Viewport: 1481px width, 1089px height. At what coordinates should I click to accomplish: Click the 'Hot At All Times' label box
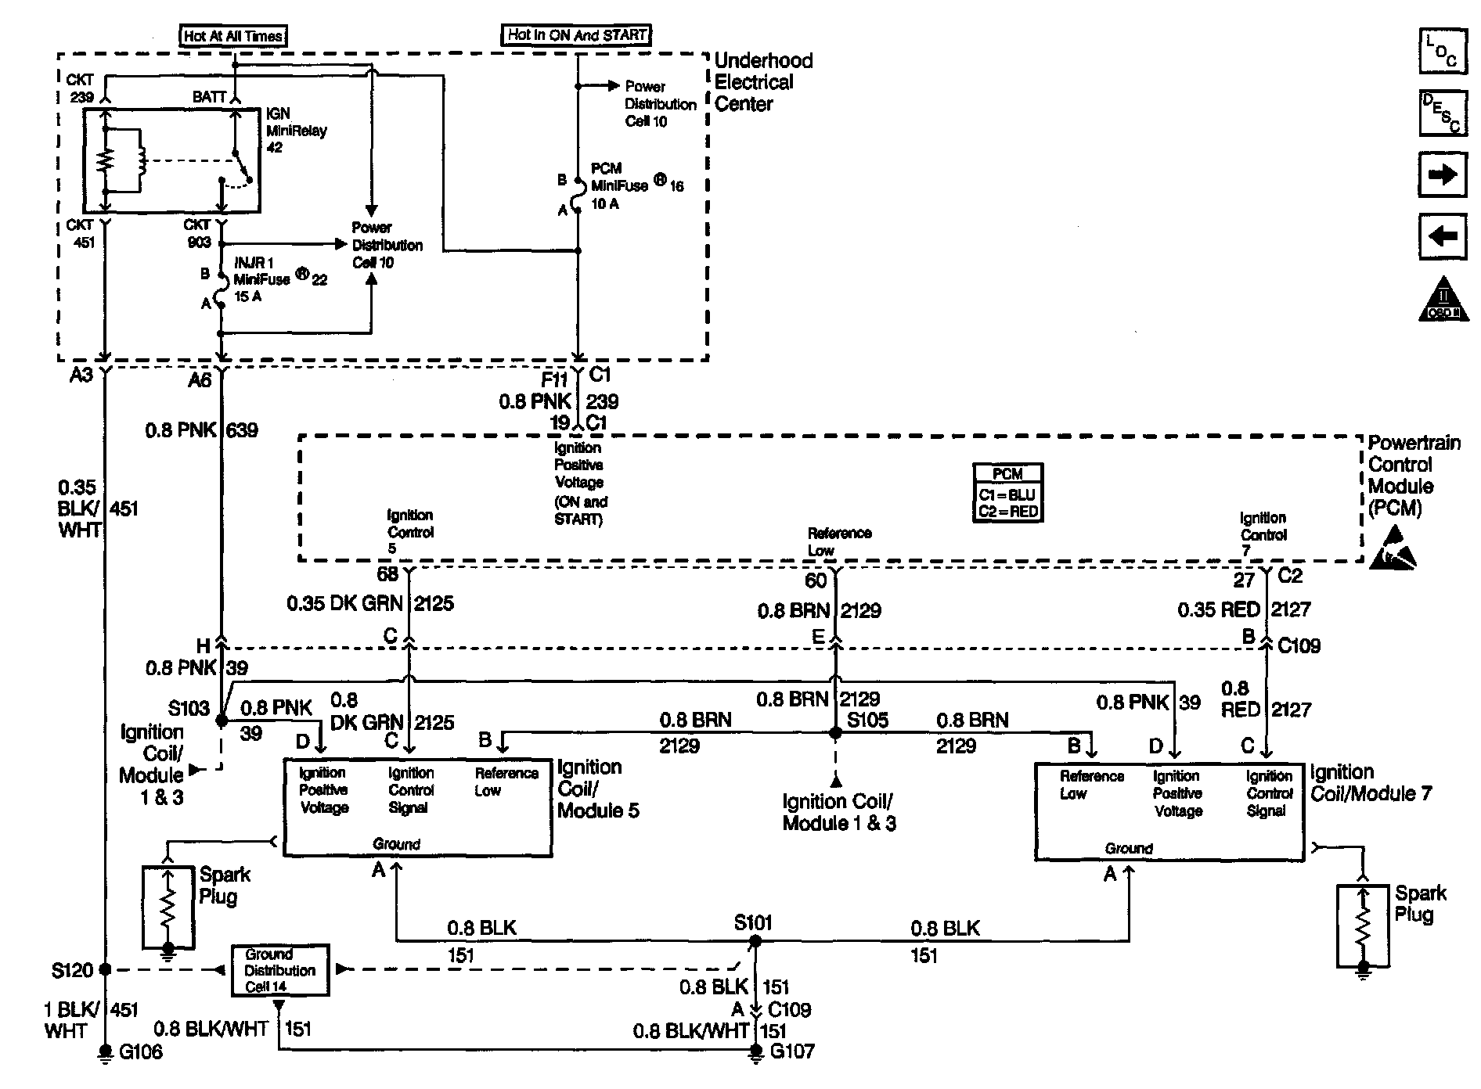point(233,35)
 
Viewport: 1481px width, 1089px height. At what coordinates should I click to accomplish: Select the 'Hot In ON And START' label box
point(576,34)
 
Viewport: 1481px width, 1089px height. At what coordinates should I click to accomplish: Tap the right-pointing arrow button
point(1442,174)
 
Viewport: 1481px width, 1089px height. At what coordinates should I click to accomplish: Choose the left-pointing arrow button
point(1442,235)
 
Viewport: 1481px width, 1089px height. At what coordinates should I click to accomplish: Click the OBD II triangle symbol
point(1443,299)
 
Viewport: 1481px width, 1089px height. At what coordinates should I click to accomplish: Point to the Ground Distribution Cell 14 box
point(279,970)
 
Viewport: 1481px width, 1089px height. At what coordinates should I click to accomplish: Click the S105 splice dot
point(835,733)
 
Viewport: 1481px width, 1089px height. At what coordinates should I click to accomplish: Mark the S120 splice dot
point(105,969)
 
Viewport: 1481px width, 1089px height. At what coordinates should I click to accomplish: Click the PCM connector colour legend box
point(1007,493)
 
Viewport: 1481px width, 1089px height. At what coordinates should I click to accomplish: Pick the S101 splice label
point(753,923)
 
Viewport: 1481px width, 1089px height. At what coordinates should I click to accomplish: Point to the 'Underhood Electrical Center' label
point(763,82)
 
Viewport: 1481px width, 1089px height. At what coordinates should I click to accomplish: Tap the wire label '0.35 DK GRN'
point(344,603)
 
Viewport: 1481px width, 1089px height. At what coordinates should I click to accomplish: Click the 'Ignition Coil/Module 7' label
point(1371,783)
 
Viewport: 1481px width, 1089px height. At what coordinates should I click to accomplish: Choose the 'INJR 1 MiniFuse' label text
point(261,271)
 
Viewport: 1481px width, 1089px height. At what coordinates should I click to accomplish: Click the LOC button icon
point(1442,52)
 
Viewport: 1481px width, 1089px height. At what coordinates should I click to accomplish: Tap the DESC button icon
point(1442,113)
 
